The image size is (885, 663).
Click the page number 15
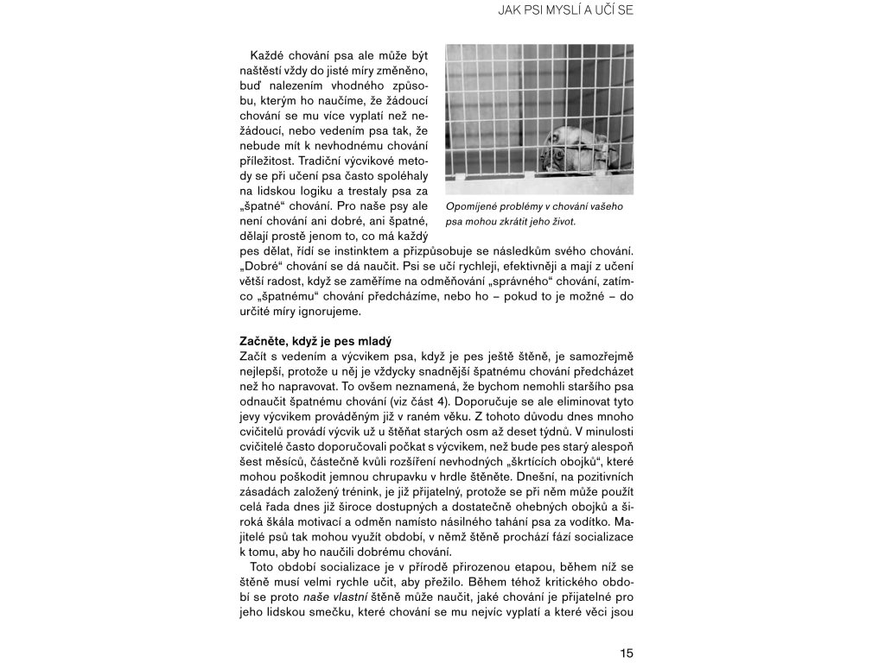point(627,654)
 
